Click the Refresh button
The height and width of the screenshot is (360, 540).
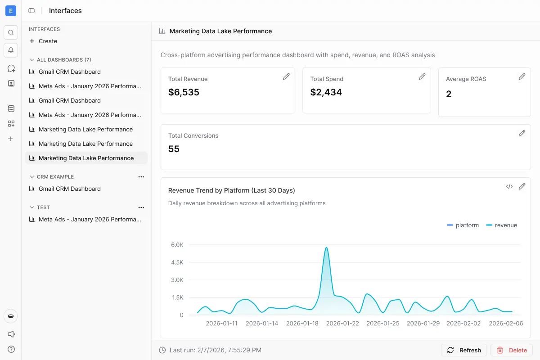pyautogui.click(x=464, y=350)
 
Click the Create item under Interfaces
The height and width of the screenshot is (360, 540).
pyautogui.click(x=43, y=41)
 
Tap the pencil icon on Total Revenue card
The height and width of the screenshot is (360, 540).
pyautogui.click(x=286, y=76)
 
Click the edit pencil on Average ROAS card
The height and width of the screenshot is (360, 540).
pyautogui.click(x=522, y=76)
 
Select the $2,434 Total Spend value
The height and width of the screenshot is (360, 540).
pyautogui.click(x=326, y=92)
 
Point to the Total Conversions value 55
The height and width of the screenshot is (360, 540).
pyautogui.click(x=174, y=149)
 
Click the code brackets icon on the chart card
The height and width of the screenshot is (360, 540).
pyautogui.click(x=509, y=186)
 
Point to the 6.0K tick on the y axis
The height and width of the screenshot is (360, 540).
pyautogui.click(x=177, y=245)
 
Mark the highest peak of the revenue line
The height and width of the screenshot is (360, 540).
pyautogui.click(x=326, y=247)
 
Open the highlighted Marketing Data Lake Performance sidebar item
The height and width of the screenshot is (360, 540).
pyautogui.click(x=86, y=158)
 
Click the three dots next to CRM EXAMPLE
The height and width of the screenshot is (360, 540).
pyautogui.click(x=141, y=177)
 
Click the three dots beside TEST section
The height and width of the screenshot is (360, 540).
pyautogui.click(x=141, y=207)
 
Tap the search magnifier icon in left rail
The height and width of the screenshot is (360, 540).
pyautogui.click(x=11, y=32)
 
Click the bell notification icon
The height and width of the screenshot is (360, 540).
pyautogui.click(x=11, y=50)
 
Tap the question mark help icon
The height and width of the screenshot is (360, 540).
pyautogui.click(x=11, y=349)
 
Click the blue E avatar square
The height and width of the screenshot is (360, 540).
pyautogui.click(x=11, y=11)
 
